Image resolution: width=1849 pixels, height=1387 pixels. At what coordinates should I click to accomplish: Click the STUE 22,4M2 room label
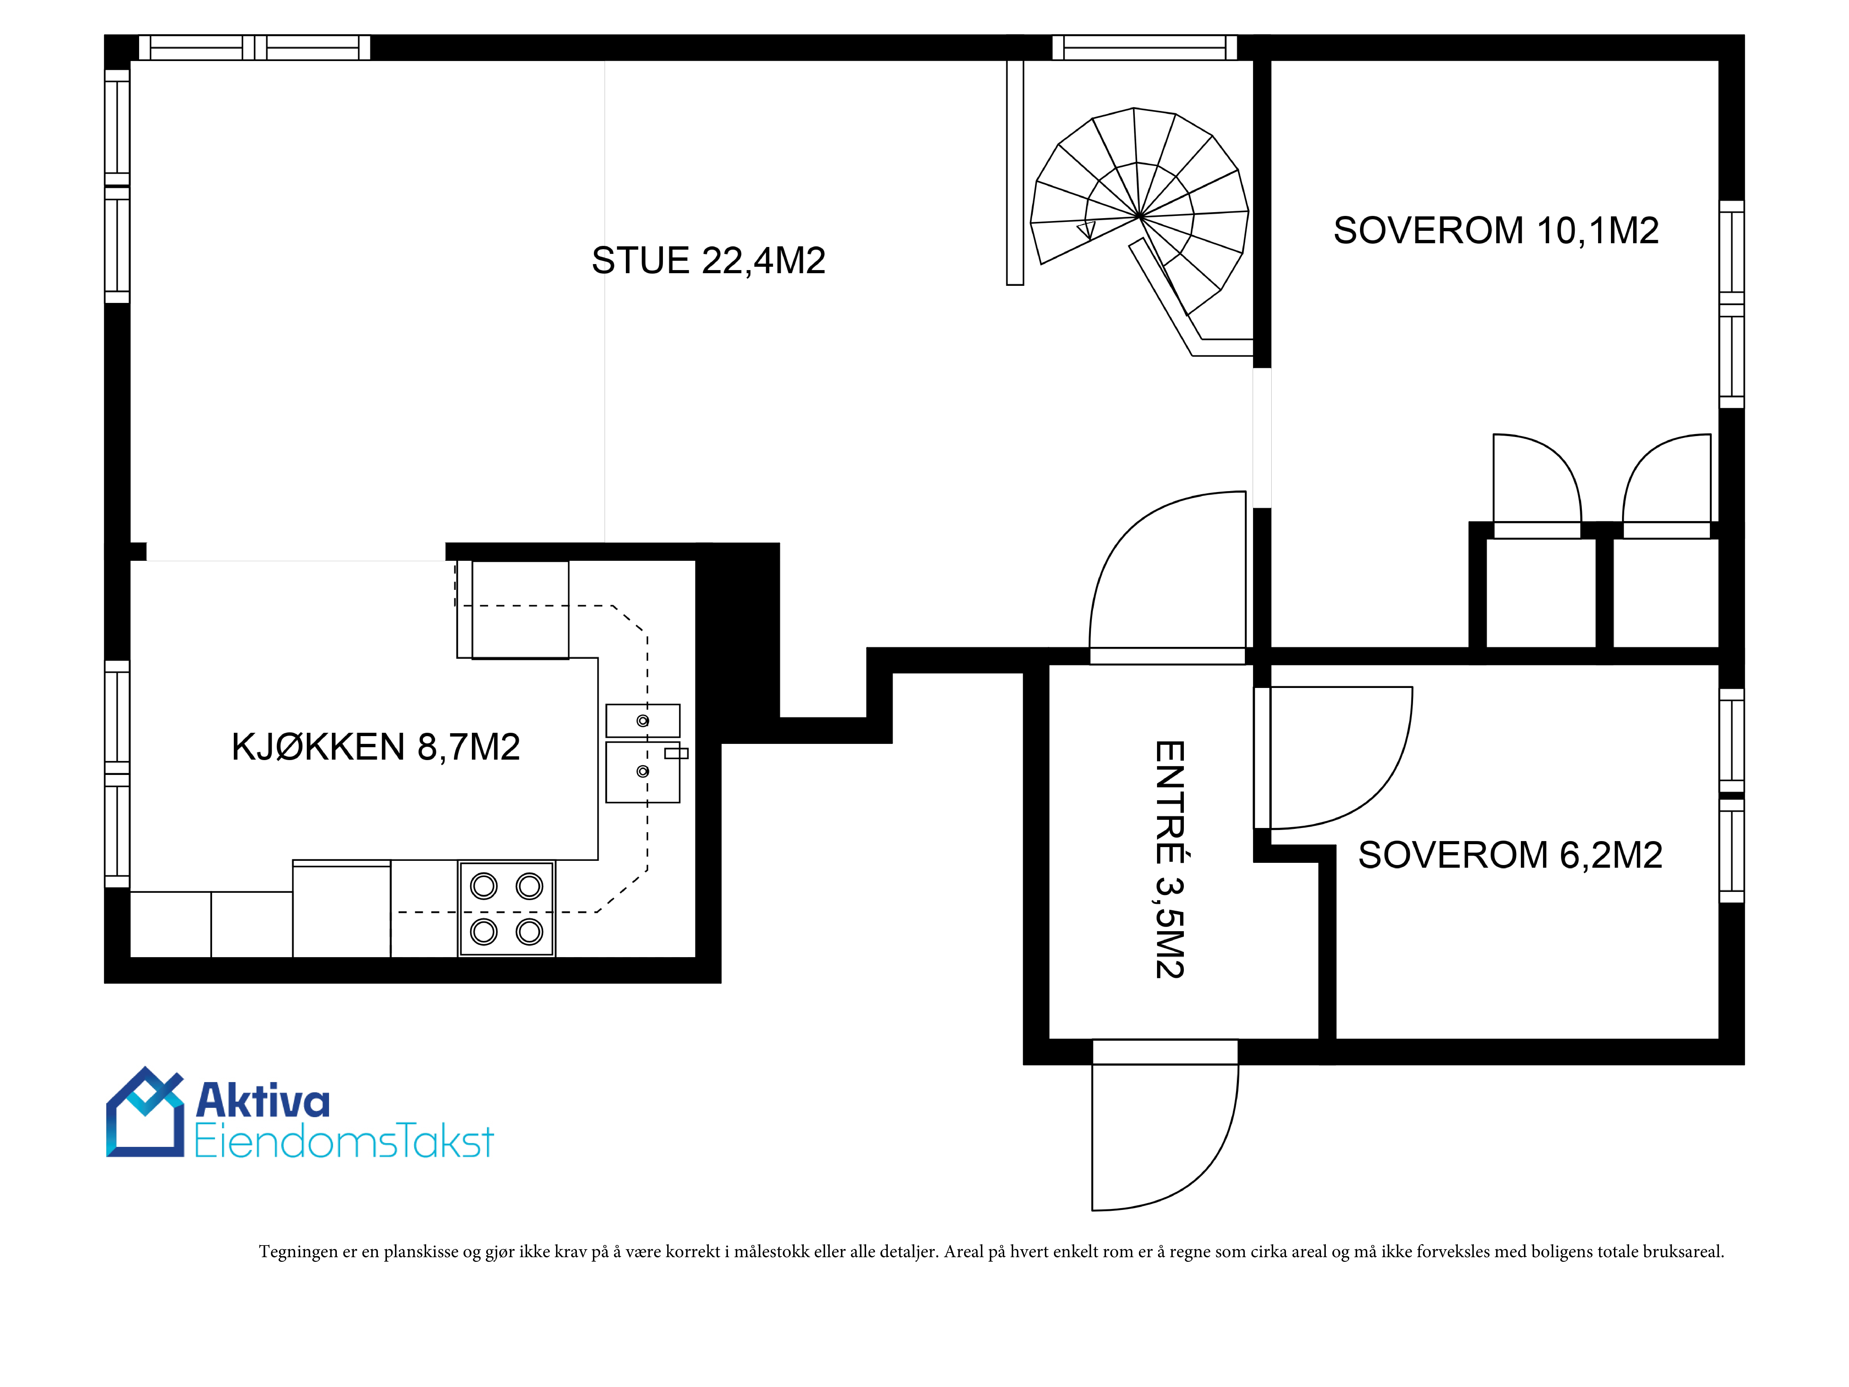point(708,261)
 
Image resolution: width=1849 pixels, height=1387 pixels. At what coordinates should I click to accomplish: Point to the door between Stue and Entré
point(1168,577)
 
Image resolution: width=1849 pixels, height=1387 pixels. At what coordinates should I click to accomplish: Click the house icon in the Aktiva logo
point(145,1112)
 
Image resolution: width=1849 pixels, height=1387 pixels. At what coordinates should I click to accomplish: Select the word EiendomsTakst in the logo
point(343,1141)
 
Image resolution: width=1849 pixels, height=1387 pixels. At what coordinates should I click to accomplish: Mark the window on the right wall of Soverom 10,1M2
point(1731,304)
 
